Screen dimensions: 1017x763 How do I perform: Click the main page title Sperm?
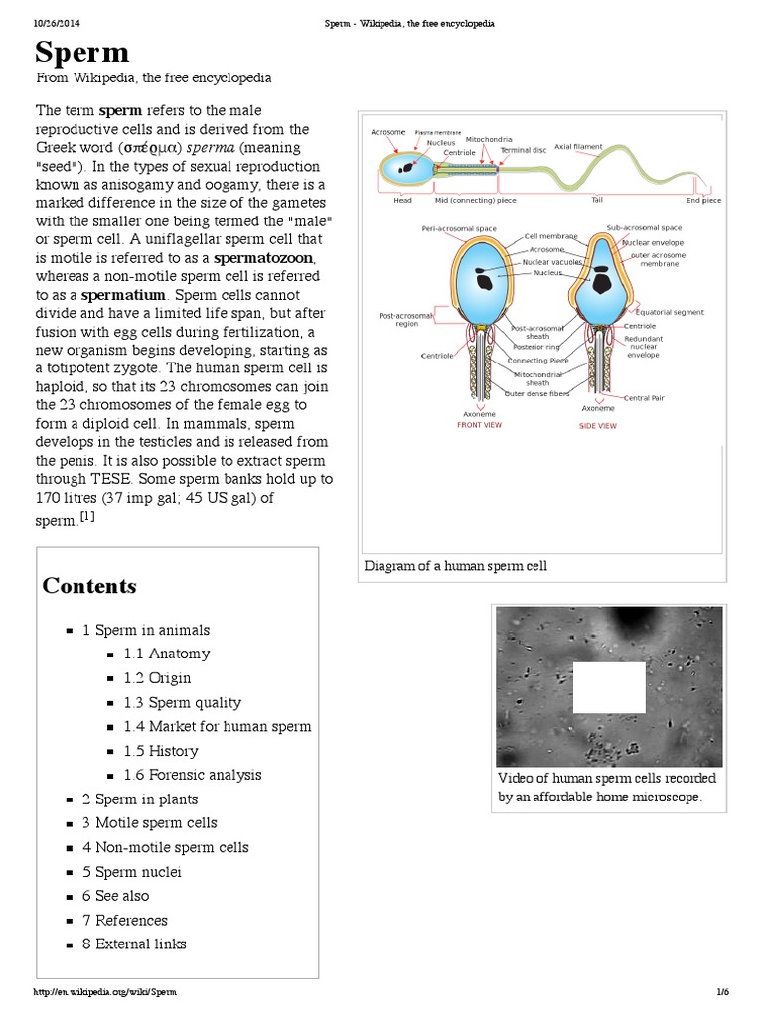82,53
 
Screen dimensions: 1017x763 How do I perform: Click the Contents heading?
89,586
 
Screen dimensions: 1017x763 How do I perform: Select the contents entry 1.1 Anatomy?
166,654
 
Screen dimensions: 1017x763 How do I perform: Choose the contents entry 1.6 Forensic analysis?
192,775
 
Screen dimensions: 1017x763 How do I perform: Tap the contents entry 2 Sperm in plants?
140,799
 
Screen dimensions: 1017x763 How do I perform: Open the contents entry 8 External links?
134,944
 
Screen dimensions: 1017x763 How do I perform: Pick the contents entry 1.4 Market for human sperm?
217,726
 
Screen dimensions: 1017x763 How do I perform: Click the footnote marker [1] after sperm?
87,516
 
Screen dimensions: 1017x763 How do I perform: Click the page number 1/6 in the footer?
722,992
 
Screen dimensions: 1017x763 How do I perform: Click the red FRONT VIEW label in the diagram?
479,425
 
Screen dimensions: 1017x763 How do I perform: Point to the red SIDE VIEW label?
597,426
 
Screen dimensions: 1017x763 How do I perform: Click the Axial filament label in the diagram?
578,147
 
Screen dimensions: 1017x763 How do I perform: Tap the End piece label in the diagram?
703,201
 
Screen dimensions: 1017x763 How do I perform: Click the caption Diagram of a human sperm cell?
456,566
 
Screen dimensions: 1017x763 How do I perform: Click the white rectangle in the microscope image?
609,687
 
